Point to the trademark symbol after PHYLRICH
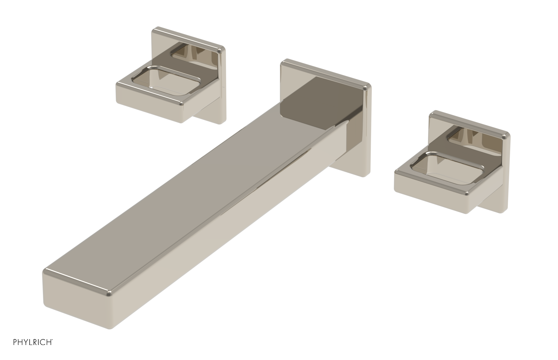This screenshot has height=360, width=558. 52,339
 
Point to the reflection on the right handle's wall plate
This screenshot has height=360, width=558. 471,138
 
